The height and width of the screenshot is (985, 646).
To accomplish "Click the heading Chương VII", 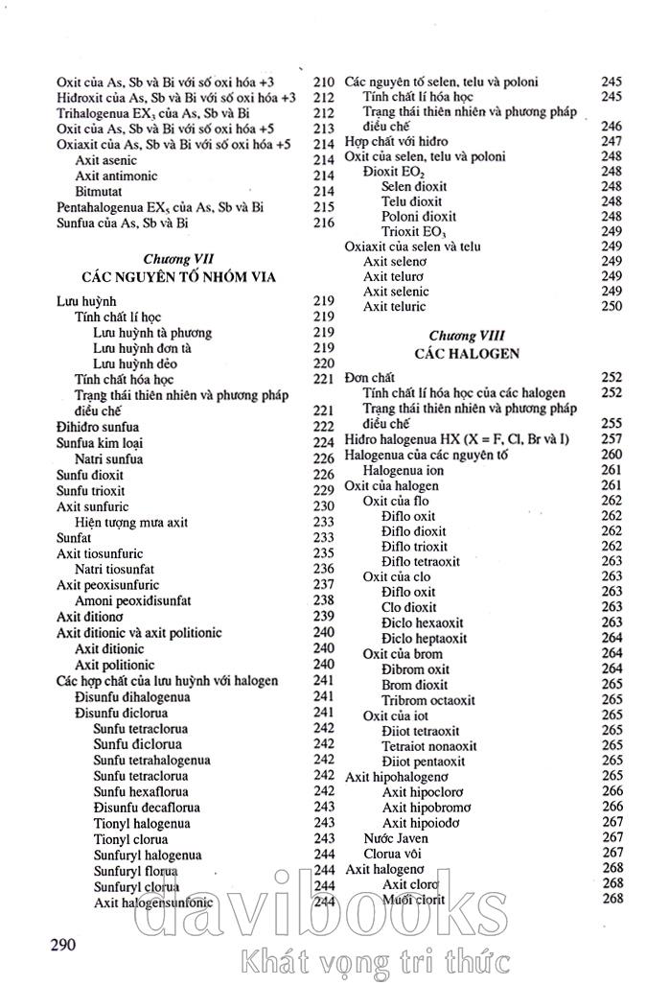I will (178, 260).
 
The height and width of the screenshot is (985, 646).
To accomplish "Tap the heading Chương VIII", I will (467, 336).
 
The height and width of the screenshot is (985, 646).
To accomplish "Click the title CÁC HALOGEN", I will (467, 353).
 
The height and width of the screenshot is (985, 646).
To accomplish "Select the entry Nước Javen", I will (396, 837).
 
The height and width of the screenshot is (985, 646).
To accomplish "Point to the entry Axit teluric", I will (394, 307).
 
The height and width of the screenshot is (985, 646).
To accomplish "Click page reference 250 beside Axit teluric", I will (611, 307).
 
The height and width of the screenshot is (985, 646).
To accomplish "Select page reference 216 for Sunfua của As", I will (323, 223).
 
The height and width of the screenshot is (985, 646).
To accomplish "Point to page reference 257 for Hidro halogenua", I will (611, 438).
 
